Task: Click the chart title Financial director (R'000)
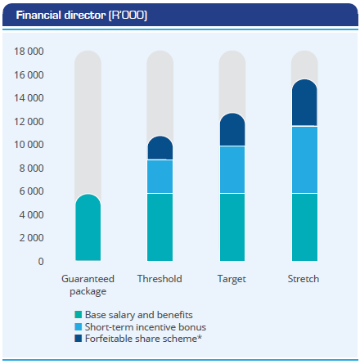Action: point(82,16)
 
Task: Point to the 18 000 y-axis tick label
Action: point(29,52)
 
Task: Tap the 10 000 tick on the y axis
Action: point(29,145)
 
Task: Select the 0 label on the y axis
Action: point(41,262)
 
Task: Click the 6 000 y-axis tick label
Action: point(31,191)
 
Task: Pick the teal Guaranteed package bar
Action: point(88,227)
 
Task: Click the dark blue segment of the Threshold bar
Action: point(160,148)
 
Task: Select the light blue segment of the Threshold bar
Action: point(160,177)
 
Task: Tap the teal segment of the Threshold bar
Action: point(160,227)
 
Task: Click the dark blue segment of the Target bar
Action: point(232,129)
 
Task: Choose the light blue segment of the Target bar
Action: point(232,169)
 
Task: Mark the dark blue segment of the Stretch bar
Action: point(304,102)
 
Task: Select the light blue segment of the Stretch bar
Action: point(304,160)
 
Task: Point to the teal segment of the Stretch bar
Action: point(304,227)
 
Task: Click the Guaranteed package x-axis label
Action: point(88,285)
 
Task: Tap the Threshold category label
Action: point(160,279)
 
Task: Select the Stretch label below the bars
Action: point(304,279)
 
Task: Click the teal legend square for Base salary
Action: point(79,315)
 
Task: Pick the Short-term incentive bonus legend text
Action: point(146,327)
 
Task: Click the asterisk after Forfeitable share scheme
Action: point(200,337)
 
